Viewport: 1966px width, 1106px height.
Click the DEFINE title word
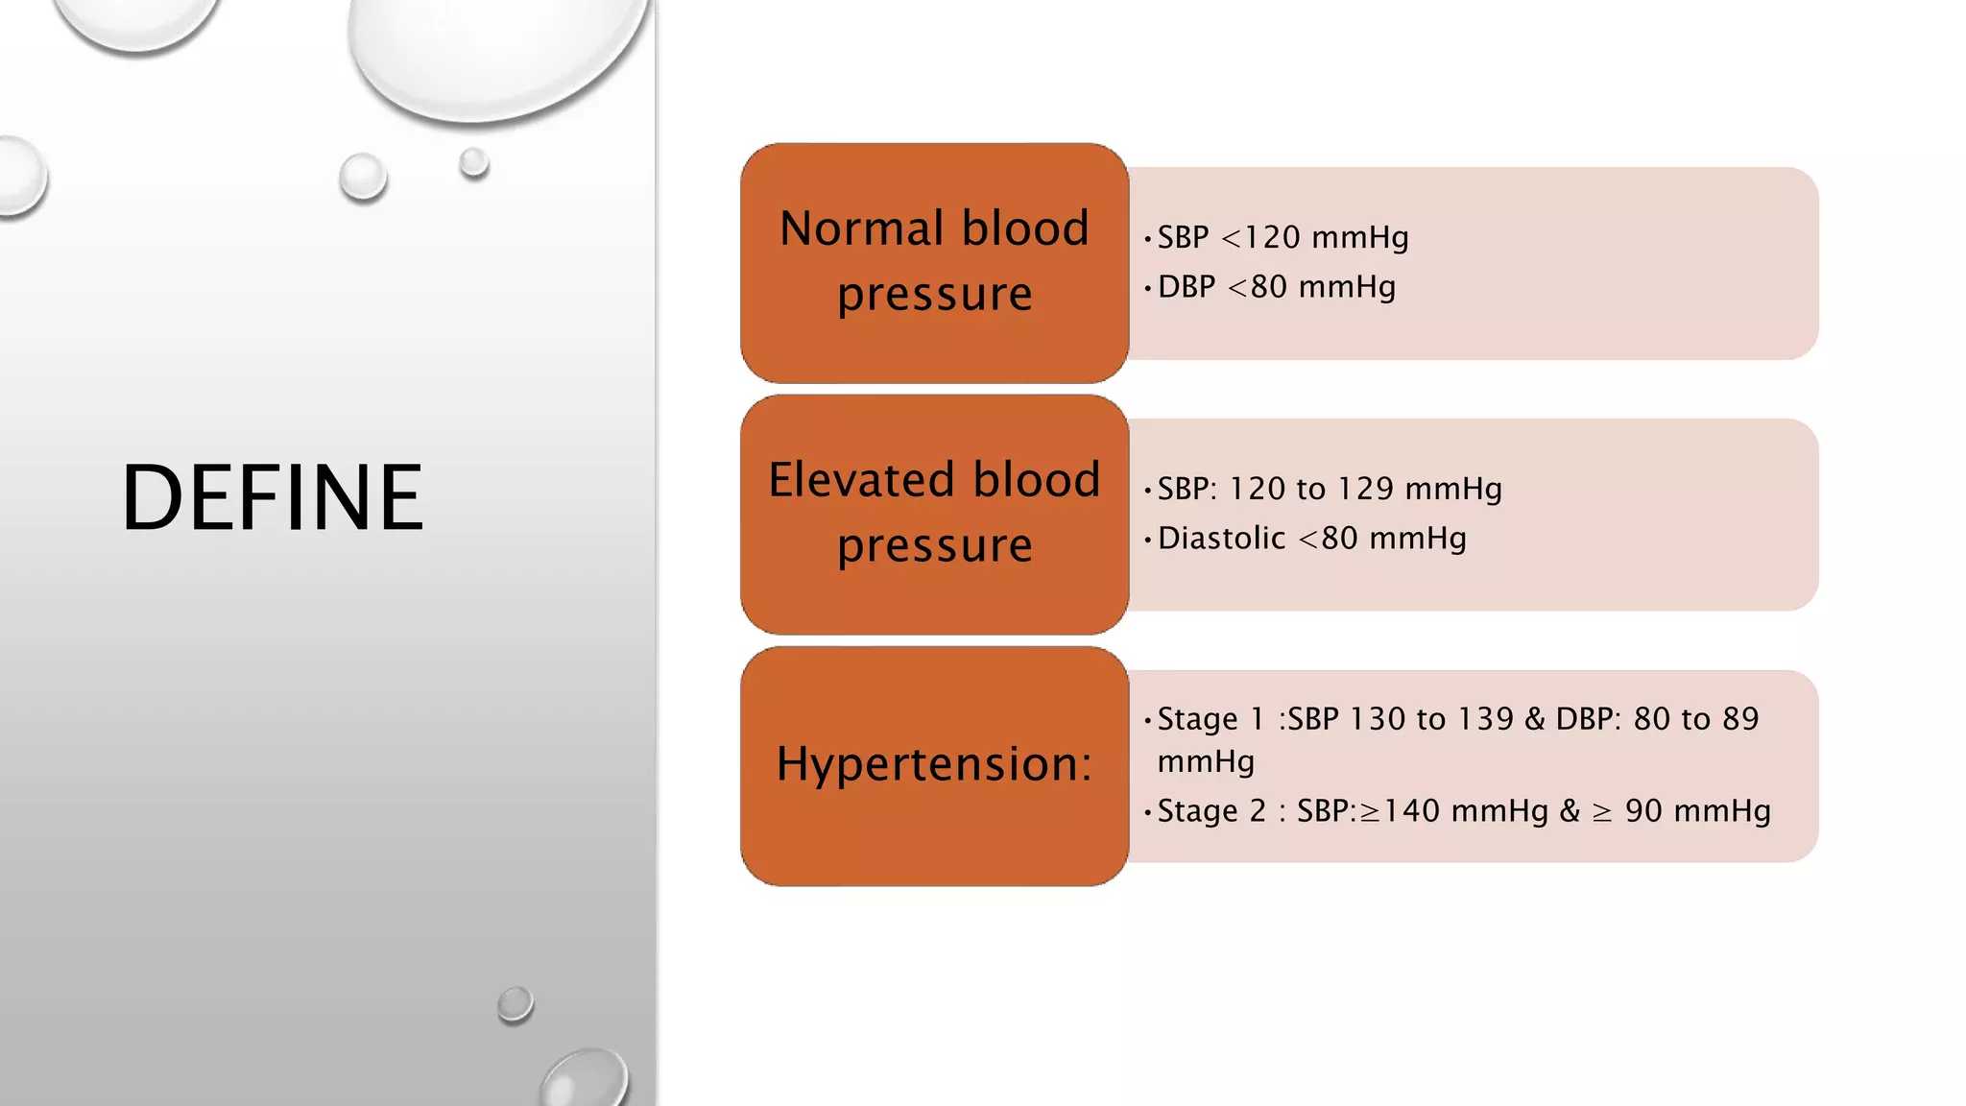coord(272,497)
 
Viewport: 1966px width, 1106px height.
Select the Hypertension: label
coord(934,764)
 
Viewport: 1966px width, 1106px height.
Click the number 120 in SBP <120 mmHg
coord(1272,237)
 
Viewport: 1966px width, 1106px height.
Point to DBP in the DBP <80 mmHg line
coord(1187,287)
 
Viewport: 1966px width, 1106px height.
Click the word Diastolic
coord(1221,539)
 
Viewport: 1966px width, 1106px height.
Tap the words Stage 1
coord(1211,719)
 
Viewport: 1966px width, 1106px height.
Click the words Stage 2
coord(1211,811)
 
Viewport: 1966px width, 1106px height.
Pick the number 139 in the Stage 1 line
coord(1485,719)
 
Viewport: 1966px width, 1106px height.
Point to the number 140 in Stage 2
coord(1412,811)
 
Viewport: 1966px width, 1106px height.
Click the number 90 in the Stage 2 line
coord(1643,811)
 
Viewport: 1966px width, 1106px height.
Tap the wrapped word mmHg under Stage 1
coord(1206,762)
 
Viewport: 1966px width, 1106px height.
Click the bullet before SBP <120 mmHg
coord(1147,238)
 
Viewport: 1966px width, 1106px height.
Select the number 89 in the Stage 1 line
coord(1740,719)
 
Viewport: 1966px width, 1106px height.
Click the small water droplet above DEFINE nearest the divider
coord(473,162)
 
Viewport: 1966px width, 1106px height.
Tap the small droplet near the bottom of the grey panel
coord(515,1003)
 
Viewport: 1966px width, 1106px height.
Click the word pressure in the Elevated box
coord(934,544)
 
